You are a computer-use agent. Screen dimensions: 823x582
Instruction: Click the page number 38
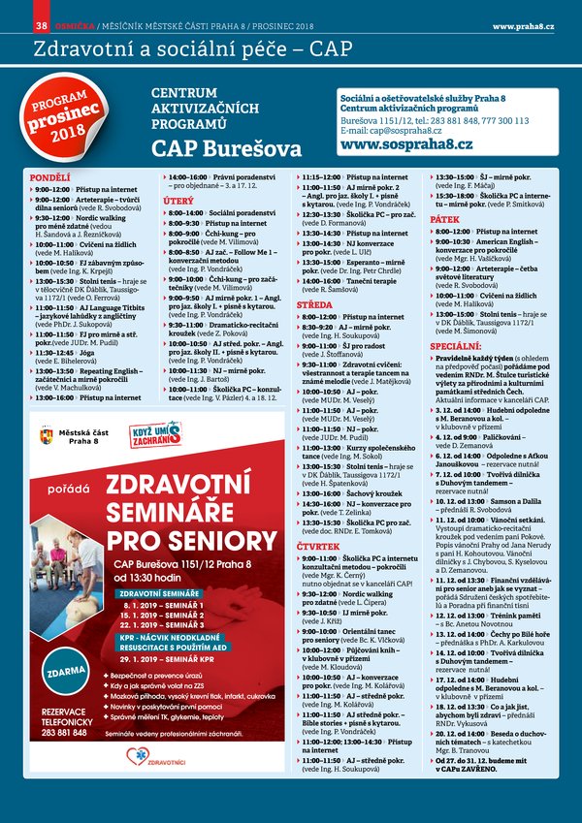[41, 24]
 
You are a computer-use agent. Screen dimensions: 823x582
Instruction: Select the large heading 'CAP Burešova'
[226, 148]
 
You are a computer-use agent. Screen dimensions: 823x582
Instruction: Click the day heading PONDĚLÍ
[50, 178]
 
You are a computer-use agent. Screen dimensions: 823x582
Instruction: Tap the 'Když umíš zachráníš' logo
[157, 433]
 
